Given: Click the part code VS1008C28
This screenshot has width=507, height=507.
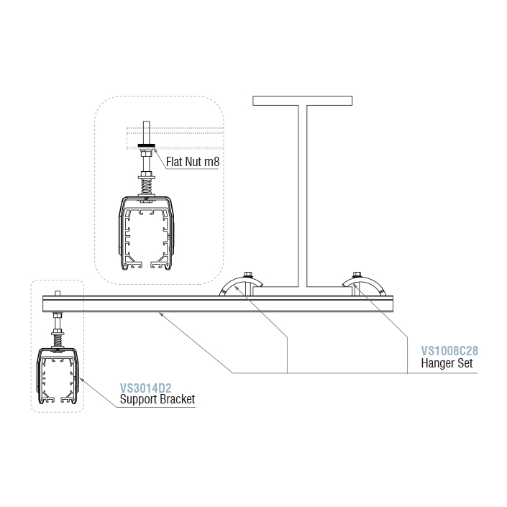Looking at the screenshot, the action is coord(449,351).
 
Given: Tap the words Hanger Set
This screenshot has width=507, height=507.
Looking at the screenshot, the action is coord(447,363).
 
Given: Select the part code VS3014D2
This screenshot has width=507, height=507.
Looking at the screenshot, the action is coord(145,388).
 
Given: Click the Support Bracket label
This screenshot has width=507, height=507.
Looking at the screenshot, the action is coord(157,399).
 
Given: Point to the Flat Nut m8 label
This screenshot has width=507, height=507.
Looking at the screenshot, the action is coord(193,162).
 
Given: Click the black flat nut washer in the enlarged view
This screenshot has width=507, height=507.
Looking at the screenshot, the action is coord(147,145).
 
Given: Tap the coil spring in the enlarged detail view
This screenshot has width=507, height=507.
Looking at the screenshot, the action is coord(147,186).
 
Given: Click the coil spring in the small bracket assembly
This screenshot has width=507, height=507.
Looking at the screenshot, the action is coord(58,340).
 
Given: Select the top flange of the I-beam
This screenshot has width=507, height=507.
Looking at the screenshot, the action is coord(302,101).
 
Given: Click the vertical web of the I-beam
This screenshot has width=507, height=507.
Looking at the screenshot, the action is coord(302,196).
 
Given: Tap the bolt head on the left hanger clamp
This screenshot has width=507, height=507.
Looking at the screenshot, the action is coord(248,275).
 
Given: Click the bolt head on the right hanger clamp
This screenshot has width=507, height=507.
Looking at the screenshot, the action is coord(357,275).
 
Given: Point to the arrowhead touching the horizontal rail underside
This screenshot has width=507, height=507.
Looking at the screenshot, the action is coord(160,314).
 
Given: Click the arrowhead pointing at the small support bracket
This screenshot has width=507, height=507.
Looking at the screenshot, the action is coord(81,380).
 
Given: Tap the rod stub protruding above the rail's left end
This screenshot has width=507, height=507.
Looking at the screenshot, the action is coord(58,293).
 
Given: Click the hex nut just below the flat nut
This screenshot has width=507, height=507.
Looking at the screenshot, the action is coord(145,152).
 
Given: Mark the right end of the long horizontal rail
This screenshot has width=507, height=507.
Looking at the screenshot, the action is coord(393,304).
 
